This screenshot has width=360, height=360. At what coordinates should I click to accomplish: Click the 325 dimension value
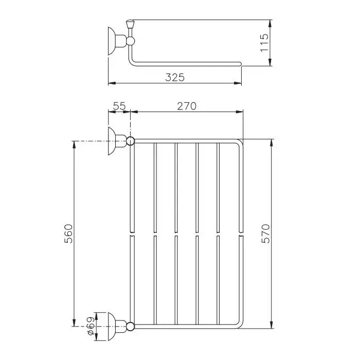(x=175, y=77)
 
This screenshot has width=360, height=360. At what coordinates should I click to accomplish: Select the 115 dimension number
(x=264, y=43)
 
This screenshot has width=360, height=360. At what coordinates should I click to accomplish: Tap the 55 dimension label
(x=120, y=106)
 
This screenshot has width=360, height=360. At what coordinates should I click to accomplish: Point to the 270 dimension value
(x=187, y=106)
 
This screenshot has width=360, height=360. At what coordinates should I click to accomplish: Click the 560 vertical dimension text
(x=68, y=233)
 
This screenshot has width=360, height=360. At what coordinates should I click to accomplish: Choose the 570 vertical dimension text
(x=266, y=233)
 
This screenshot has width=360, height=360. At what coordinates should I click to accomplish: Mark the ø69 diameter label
(x=91, y=326)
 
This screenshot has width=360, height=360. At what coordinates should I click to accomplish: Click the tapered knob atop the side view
(x=130, y=24)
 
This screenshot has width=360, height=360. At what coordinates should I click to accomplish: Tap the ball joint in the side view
(x=131, y=41)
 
